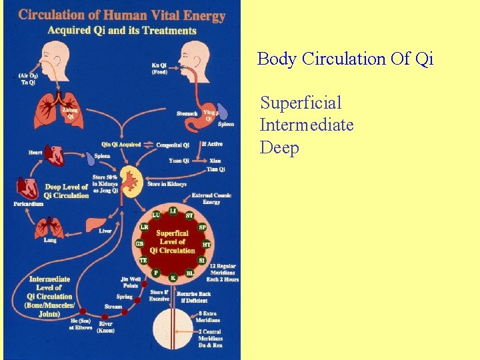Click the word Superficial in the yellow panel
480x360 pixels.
click(301, 103)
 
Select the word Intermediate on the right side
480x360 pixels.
click(307, 125)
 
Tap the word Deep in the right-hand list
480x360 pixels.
click(279, 147)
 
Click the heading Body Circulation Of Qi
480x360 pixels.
click(345, 59)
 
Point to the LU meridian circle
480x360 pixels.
click(155, 215)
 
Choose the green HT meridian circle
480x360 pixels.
click(206, 245)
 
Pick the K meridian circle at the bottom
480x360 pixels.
click(173, 277)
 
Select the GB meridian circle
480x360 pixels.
click(140, 244)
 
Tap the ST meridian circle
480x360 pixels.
click(189, 215)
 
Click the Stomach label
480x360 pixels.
click(187, 113)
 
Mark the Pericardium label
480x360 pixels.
click(28, 204)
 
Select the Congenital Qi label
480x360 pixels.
click(173, 145)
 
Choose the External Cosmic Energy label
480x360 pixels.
click(211, 198)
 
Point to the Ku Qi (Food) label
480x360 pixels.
click(159, 68)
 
